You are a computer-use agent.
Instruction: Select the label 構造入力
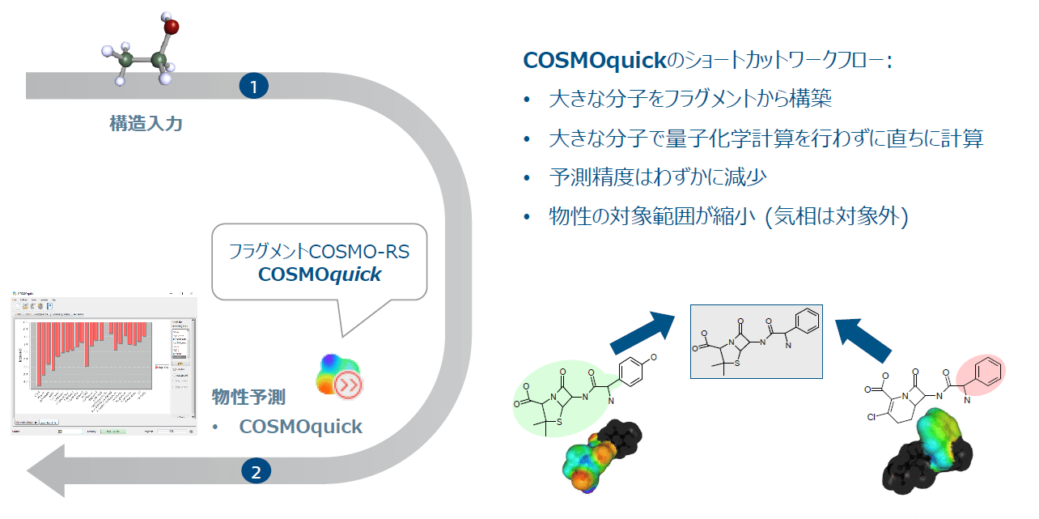pyautogui.click(x=146, y=124)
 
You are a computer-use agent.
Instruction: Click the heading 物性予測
pyautogui.click(x=248, y=397)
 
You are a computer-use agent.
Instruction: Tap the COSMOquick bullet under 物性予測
pyautogui.click(x=300, y=426)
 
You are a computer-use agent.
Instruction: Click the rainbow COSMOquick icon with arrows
pyautogui.click(x=339, y=376)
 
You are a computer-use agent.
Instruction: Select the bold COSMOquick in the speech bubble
pyautogui.click(x=320, y=274)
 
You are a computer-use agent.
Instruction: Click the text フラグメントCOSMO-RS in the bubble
pyautogui.click(x=319, y=251)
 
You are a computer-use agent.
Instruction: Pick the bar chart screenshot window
pyautogui.click(x=104, y=362)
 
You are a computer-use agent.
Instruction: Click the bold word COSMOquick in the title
pyautogui.click(x=593, y=61)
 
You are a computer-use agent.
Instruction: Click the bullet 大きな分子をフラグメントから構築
pyautogui.click(x=690, y=100)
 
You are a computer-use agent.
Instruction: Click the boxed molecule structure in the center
pyautogui.click(x=756, y=342)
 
